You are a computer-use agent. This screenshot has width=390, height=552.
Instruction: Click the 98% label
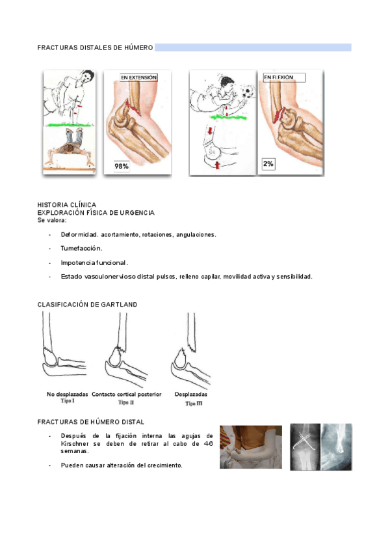[x=122, y=166]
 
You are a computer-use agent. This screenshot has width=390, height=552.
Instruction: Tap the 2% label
[x=268, y=164]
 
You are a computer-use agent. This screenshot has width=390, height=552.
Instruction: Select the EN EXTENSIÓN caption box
[x=138, y=77]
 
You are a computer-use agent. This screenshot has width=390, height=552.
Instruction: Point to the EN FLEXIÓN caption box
[x=284, y=77]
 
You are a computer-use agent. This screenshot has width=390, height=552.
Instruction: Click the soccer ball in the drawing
[x=247, y=92]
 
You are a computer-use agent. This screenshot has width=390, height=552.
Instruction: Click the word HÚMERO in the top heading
[x=138, y=48]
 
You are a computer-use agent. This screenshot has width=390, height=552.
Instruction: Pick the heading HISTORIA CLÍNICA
[x=67, y=205]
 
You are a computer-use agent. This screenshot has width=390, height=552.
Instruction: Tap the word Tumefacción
[x=82, y=249]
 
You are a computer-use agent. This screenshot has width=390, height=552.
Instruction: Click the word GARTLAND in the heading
[x=119, y=305]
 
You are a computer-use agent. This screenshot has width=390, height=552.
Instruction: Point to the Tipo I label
[x=67, y=400]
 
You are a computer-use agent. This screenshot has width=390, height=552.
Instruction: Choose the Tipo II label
[x=126, y=402]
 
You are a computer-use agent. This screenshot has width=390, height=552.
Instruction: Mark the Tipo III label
[x=194, y=404]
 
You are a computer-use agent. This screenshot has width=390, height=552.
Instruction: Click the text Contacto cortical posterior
[x=127, y=394]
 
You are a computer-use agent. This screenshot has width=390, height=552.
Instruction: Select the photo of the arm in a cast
[x=251, y=447]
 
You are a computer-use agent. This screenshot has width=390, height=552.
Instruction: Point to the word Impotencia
[x=75, y=263]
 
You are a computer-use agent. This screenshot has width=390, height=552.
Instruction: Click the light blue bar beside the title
[x=253, y=48]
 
